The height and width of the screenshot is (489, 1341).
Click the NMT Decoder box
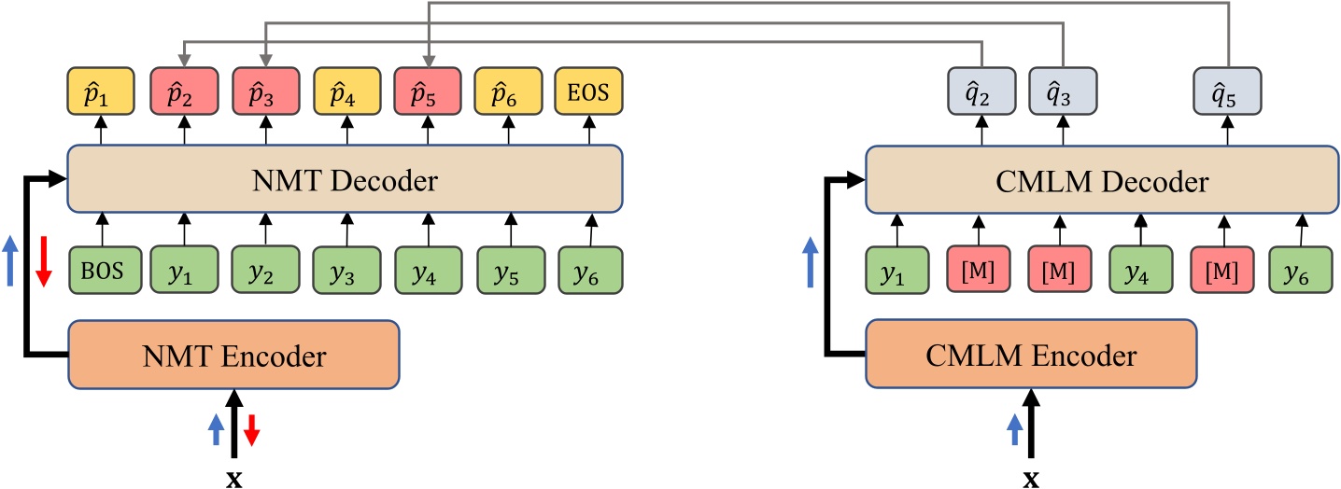pos(345,179)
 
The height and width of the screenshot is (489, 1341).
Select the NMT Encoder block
pos(233,354)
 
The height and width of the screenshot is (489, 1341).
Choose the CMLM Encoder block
pos(1030,354)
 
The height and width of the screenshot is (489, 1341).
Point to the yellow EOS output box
pos(589,94)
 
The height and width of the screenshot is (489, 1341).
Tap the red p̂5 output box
pos(428,94)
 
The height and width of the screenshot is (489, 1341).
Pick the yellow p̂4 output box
pos(346,94)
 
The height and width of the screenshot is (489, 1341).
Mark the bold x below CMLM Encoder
pos(1031,479)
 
